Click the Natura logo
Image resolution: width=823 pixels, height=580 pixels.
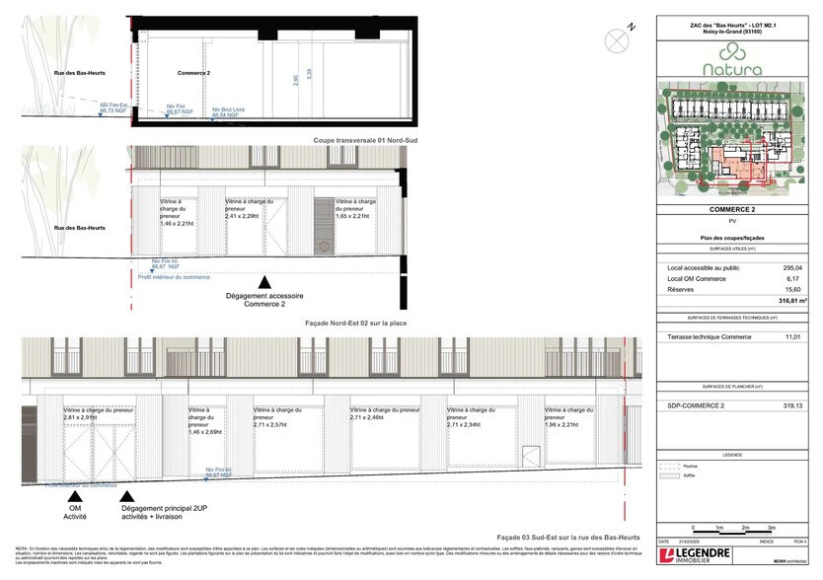[x=732, y=69]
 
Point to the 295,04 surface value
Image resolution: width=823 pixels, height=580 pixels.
[x=792, y=267]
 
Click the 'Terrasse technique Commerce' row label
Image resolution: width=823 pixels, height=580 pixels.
[x=710, y=337]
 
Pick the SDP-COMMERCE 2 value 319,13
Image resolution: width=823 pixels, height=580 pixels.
[x=792, y=405]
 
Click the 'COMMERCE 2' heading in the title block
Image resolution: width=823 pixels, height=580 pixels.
[x=732, y=210]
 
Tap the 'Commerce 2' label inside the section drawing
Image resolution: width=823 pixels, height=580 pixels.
[x=194, y=73]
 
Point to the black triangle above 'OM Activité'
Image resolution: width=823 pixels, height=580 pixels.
[x=76, y=499]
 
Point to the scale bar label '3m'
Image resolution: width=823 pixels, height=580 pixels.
[x=772, y=529]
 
